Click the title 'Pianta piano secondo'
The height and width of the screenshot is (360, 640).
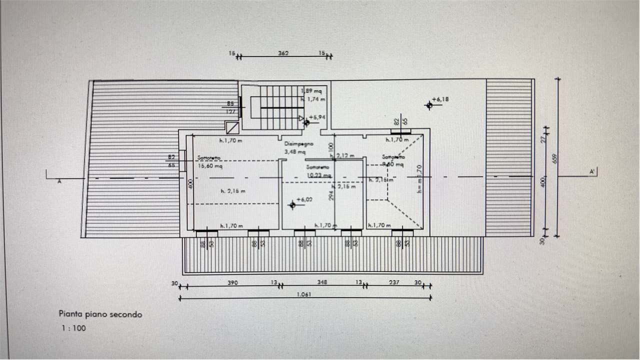(100, 314)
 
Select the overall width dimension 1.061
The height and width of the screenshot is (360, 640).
(303, 294)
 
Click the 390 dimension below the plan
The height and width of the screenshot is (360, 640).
(233, 282)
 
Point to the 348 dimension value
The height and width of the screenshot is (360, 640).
(322, 282)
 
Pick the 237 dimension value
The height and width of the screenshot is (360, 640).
(394, 282)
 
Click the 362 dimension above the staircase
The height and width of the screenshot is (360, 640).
(283, 52)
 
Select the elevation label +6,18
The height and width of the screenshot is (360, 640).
(441, 99)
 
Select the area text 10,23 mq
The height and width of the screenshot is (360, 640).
(318, 175)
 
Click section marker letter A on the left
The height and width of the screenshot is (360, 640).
(59, 181)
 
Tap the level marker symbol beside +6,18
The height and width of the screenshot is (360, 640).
(429, 105)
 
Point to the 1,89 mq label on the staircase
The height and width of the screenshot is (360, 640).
(313, 91)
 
